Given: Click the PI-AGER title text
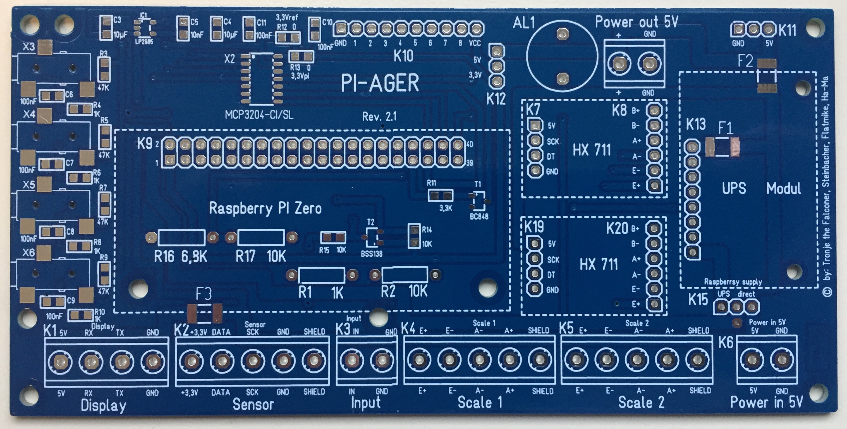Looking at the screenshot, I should [x=380, y=83].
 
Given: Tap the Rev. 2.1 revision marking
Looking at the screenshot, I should [x=379, y=116].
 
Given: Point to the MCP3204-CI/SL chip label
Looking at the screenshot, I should [x=259, y=115].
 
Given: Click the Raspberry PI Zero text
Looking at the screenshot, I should [x=265, y=209].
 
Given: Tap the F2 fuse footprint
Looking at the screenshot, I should [x=767, y=76].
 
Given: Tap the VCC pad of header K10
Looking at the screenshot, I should [x=475, y=29].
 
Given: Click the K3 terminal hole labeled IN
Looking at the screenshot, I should [x=351, y=361].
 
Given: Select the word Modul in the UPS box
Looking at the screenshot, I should [x=784, y=189].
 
